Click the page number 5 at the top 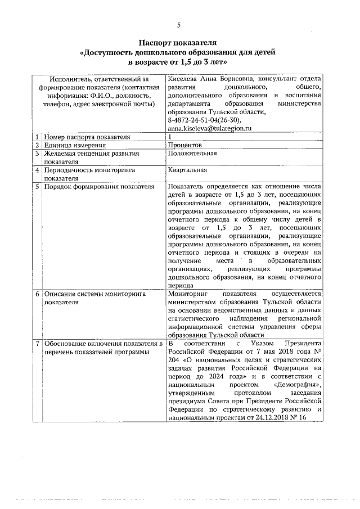(179, 25)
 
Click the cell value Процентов (186, 145)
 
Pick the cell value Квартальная (187, 169)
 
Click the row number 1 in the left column (37, 137)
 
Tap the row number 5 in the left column (37, 186)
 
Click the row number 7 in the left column (37, 343)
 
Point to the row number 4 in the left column (37, 169)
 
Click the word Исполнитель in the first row (71, 79)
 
